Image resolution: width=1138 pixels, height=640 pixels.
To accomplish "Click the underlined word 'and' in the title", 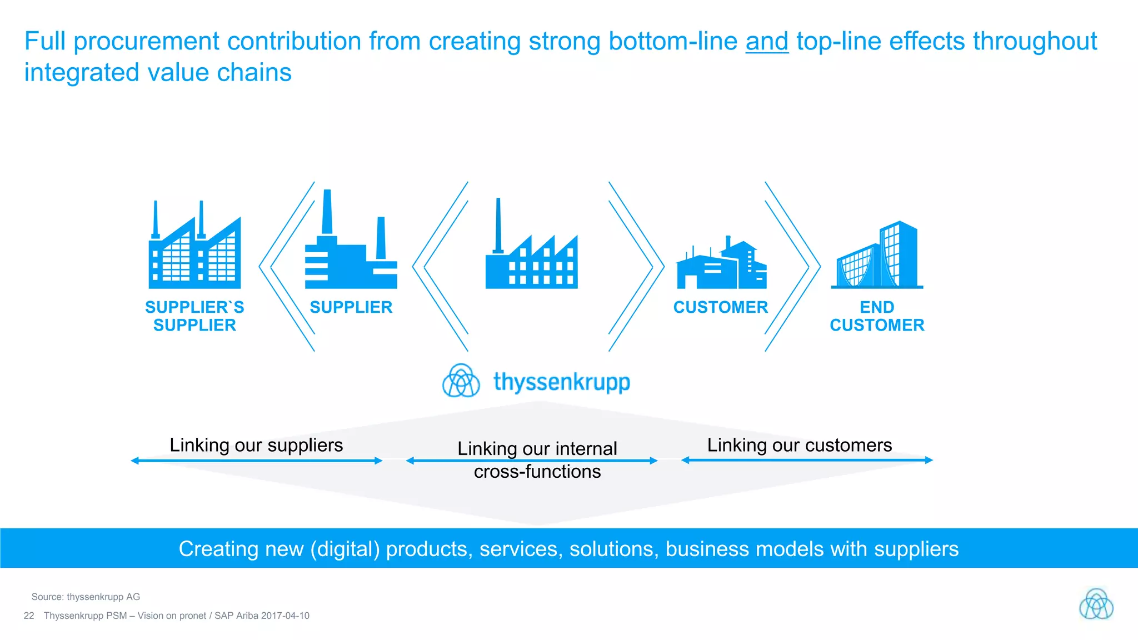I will click(767, 42).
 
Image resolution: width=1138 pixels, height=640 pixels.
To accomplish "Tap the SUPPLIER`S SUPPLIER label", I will click(194, 316).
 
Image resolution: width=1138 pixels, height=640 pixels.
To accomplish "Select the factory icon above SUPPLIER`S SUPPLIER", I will click(194, 247).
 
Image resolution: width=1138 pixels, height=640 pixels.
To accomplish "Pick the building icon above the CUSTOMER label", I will click(721, 264).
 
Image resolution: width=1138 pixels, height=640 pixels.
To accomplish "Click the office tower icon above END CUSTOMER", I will click(877, 256).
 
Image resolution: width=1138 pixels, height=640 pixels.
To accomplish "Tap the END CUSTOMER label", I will click(877, 316).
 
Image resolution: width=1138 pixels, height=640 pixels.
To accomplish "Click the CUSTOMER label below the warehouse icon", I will click(721, 307).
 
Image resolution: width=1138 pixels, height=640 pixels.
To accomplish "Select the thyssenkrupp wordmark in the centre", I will click(562, 382).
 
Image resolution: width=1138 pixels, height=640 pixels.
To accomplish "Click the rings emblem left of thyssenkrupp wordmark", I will click(461, 381).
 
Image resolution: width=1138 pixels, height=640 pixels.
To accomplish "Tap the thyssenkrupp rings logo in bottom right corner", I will click(1096, 604).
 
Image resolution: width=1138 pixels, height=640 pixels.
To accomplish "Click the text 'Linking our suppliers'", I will click(256, 445).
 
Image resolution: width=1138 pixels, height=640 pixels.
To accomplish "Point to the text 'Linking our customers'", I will click(799, 445).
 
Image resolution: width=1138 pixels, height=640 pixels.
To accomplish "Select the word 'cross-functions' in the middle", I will click(537, 472).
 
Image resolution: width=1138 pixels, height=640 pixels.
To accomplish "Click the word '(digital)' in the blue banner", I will click(345, 549).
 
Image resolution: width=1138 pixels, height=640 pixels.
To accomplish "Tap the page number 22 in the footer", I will click(29, 616).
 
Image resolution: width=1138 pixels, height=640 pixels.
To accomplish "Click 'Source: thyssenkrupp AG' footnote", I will click(86, 597).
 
